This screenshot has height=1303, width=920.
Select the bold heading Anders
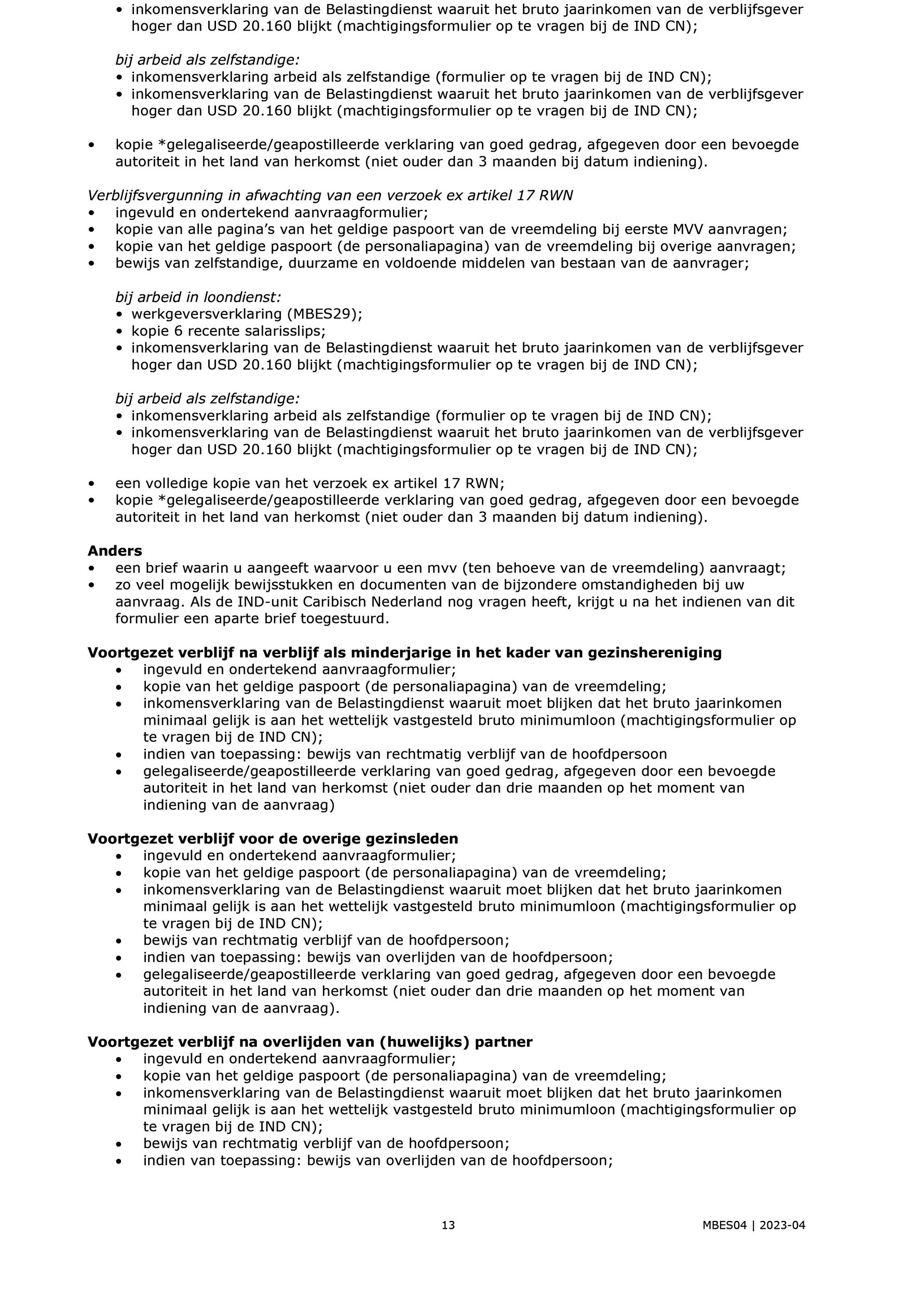click(115, 551)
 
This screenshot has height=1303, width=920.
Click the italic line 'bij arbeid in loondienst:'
click(198, 297)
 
